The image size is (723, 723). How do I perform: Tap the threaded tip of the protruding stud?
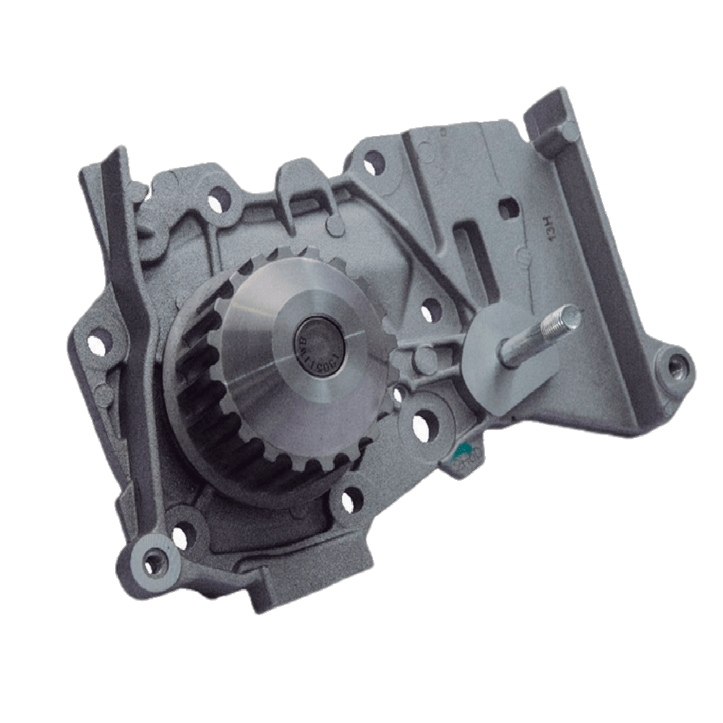(570, 319)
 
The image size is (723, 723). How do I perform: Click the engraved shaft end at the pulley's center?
(319, 341)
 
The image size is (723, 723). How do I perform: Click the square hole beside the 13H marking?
(508, 208)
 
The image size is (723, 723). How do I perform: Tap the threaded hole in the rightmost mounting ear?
(675, 368)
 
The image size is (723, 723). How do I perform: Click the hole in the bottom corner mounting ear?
(153, 561)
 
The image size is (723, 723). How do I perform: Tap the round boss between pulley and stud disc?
(425, 359)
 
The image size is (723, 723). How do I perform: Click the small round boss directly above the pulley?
(334, 226)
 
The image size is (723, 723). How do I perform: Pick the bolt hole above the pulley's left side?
(217, 202)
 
